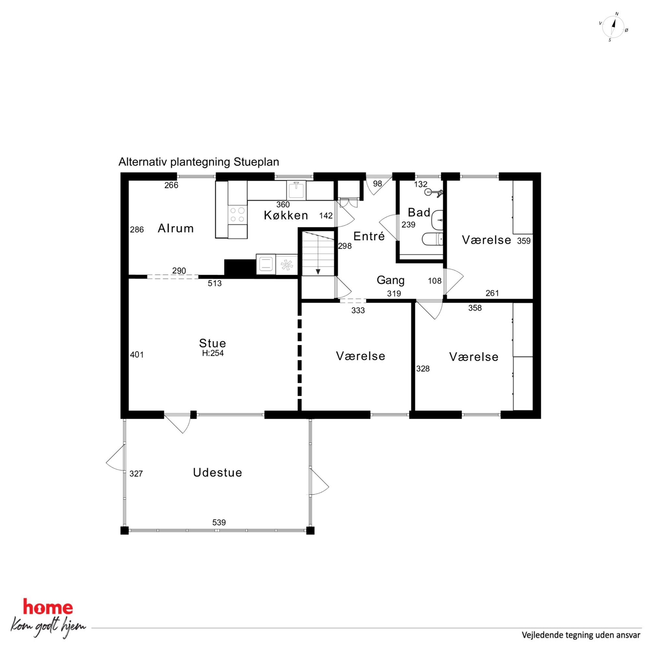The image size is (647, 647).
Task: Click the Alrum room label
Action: (175, 228)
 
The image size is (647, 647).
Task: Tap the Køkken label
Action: (286, 215)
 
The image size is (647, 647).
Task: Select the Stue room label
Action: (213, 343)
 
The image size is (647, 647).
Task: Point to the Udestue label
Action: (217, 473)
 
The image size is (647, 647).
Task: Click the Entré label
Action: (369, 236)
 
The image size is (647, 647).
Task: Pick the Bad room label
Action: (419, 212)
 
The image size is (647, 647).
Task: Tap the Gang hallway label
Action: (390, 280)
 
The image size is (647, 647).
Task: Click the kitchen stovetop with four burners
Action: (237, 215)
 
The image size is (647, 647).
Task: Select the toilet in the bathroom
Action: (433, 239)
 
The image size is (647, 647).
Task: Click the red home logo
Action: (48, 608)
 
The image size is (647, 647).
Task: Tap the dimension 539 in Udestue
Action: (219, 522)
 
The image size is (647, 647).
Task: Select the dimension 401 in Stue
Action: (137, 354)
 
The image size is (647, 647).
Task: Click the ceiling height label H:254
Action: (213, 353)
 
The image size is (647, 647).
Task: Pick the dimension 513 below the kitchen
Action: (215, 283)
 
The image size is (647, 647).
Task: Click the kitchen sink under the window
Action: (296, 190)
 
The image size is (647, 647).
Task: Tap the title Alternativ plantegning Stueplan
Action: (199, 162)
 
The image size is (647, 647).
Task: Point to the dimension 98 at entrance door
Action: (377, 184)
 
